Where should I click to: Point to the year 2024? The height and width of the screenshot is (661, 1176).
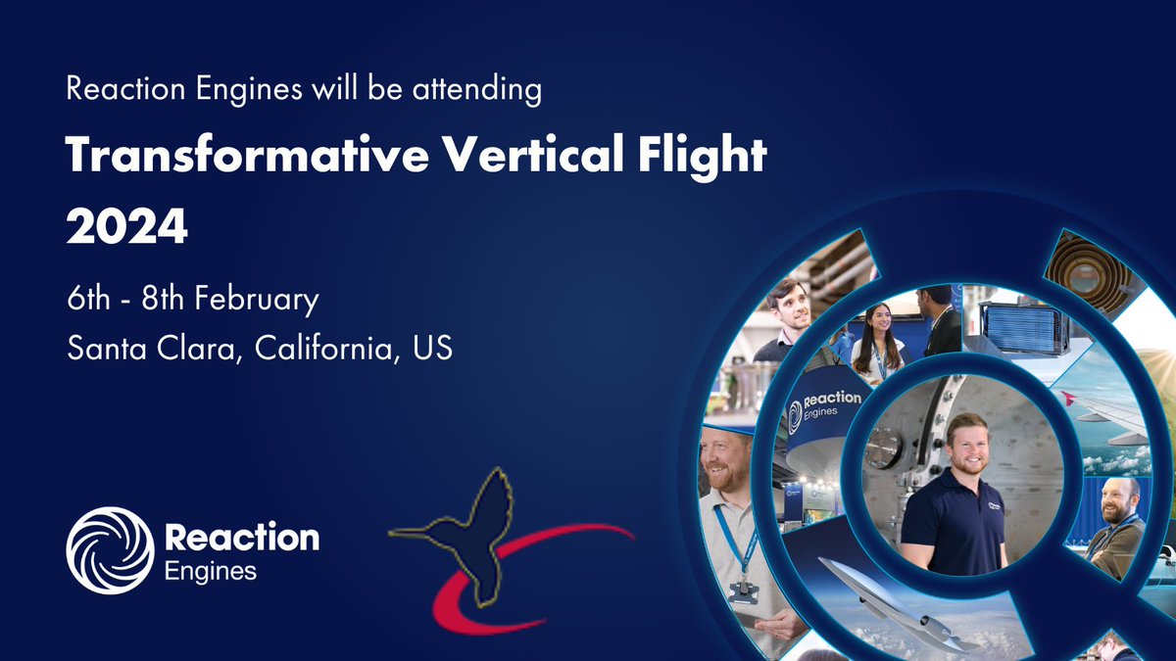126,227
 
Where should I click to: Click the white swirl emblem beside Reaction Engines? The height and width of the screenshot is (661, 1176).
110,549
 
